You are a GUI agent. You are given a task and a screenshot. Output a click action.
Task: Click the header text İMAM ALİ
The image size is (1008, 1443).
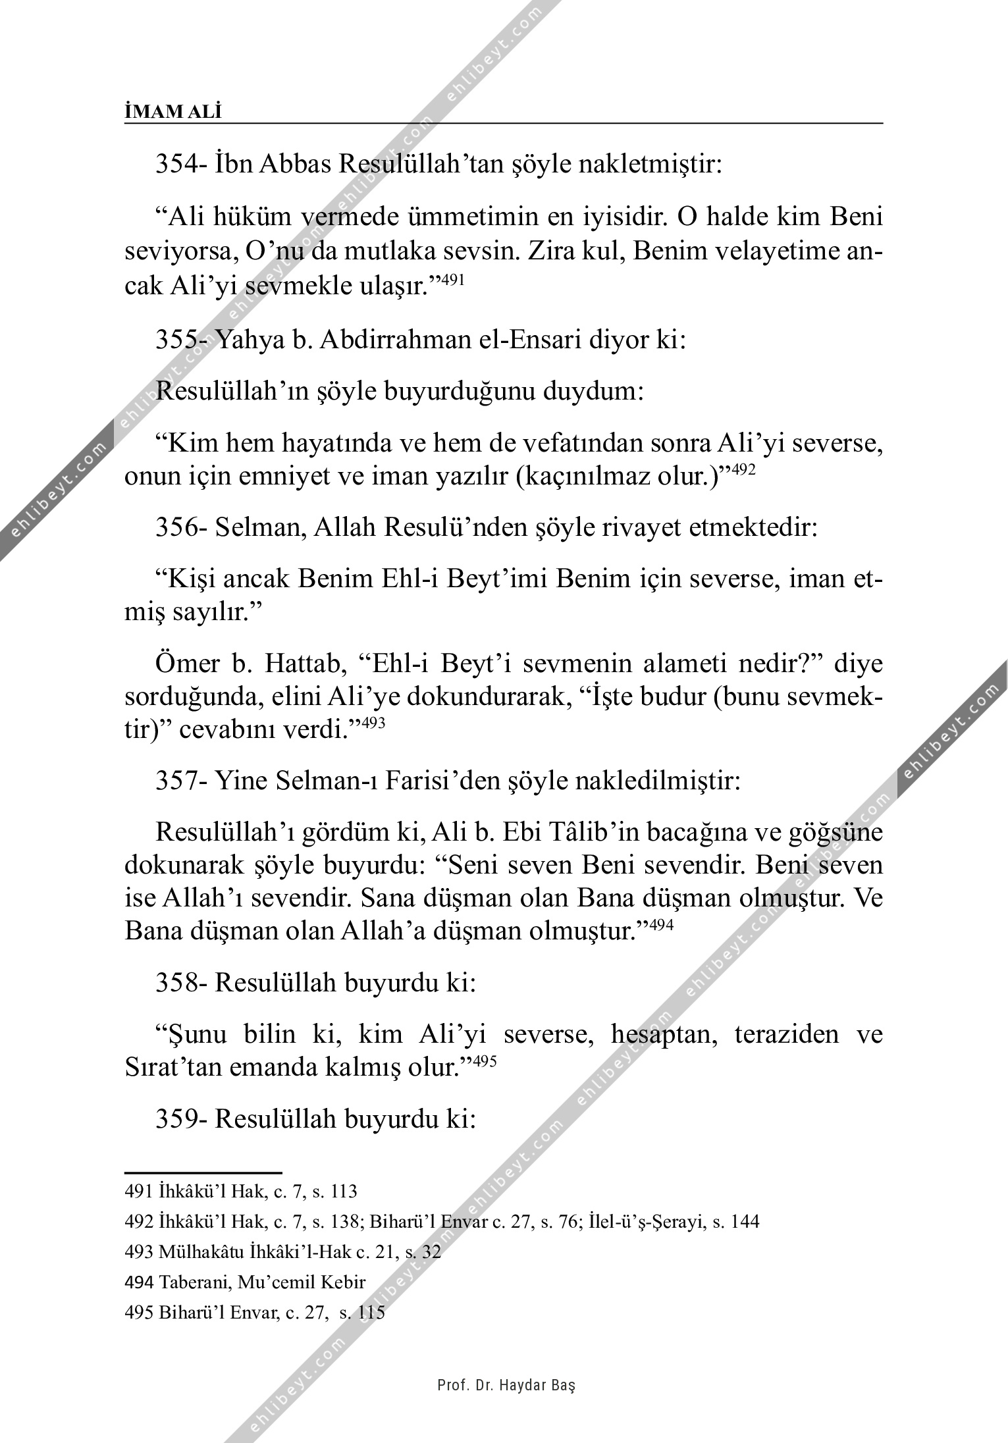173,112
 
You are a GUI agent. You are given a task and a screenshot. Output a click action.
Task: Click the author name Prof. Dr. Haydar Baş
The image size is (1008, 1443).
506,1385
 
